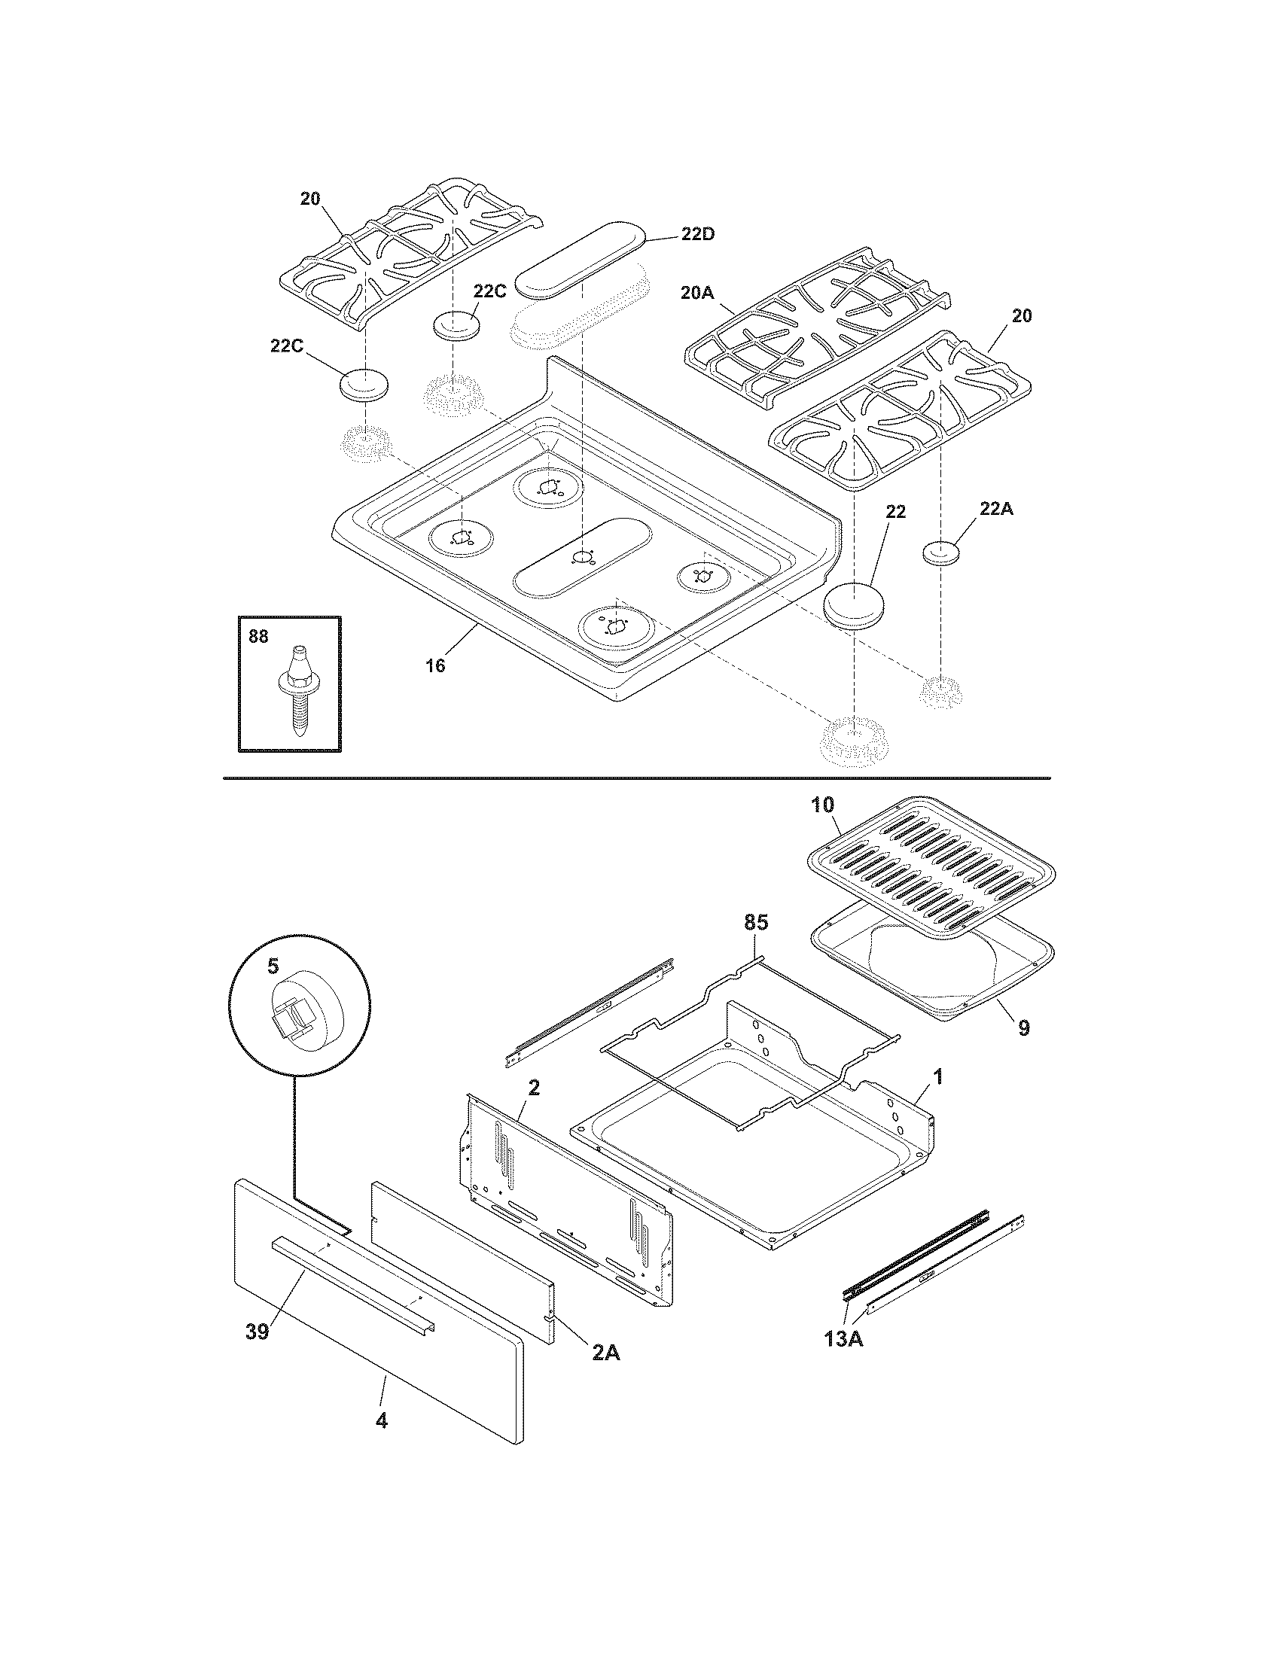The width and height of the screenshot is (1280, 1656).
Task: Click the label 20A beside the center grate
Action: click(698, 293)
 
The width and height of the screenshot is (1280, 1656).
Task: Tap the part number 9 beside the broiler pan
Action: click(1024, 1027)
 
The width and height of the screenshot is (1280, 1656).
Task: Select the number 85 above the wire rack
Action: click(756, 922)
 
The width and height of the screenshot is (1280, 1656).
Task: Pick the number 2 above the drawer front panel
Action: click(534, 1088)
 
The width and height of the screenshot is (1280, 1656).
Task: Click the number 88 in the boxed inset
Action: click(258, 636)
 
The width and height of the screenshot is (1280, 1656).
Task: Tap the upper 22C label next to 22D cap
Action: click(489, 291)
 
